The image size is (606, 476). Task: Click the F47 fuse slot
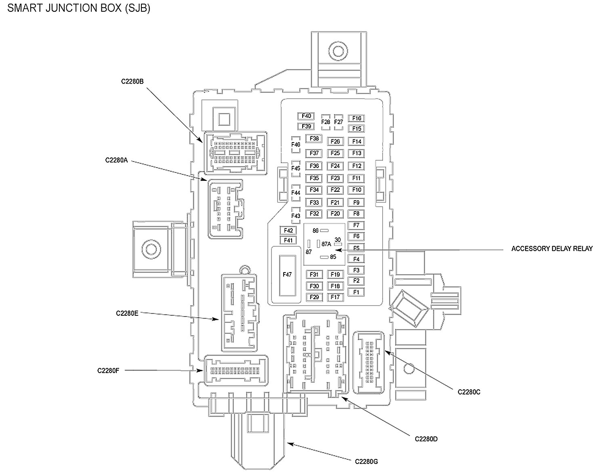pos(287,275)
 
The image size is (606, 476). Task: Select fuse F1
pos(356,292)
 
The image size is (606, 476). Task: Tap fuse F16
pos(356,118)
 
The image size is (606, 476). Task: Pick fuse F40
pos(306,116)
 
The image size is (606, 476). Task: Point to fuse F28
pos(326,122)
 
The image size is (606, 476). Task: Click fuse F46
pos(296,145)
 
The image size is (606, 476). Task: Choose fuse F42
pos(288,231)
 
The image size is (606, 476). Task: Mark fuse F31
pos(314,275)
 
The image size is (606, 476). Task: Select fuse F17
pos(335,297)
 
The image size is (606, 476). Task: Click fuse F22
pos(335,190)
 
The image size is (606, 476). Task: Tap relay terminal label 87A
pos(326,244)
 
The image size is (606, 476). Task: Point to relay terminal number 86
pos(316,231)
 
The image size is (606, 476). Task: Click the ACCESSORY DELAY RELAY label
pos(552,249)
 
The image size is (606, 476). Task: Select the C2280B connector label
pos(133,82)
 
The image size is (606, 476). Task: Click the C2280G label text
pos(366,461)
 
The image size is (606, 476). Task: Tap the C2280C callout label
pos(469,392)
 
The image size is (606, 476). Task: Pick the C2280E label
pos(127,313)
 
